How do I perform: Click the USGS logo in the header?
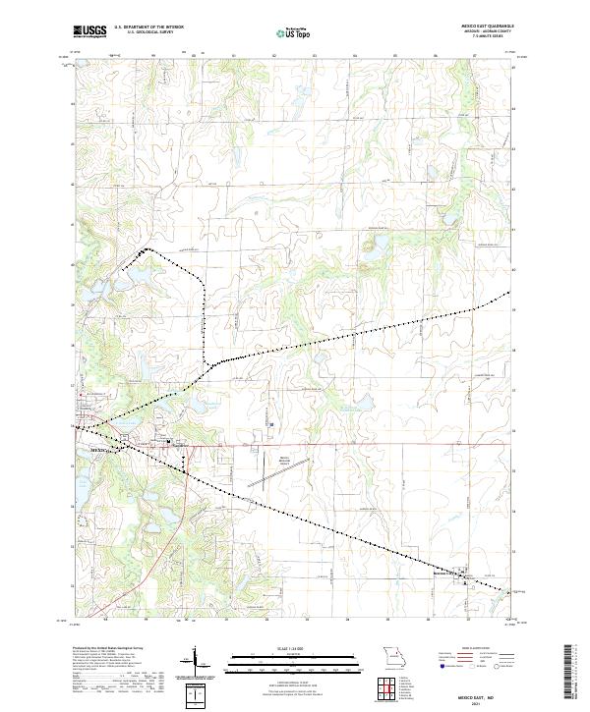point(90,31)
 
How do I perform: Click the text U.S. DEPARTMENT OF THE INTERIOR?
point(148,27)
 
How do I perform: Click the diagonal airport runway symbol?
point(271,480)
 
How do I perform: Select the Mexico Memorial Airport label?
point(285,461)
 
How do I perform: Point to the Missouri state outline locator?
point(393,655)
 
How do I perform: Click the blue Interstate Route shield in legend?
point(440,665)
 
